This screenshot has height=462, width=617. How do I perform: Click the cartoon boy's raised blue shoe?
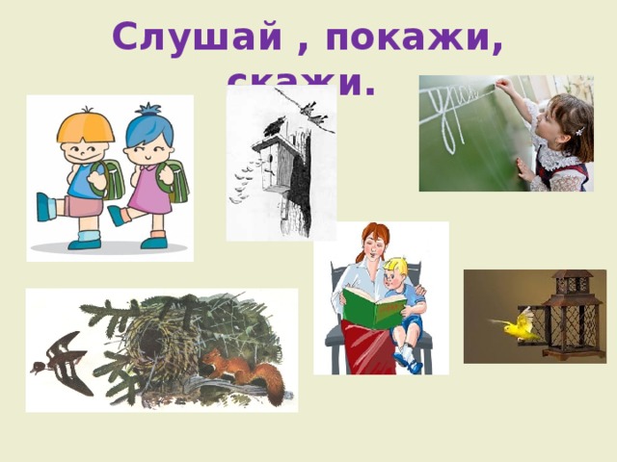(45, 207)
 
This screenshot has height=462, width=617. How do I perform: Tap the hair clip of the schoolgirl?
(579, 129)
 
